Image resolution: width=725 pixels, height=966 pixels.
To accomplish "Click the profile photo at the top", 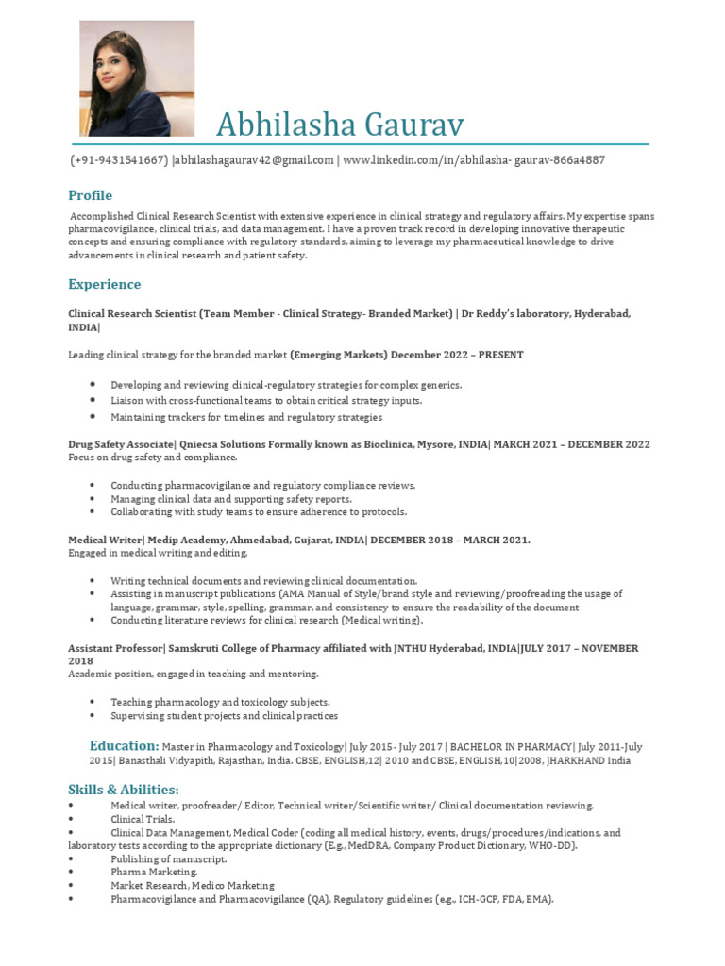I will click(137, 78).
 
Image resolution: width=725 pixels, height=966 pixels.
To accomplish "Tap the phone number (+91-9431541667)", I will click(120, 160).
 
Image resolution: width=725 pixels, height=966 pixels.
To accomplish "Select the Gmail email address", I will click(255, 160).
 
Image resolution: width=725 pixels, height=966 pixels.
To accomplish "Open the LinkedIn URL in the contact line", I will click(473, 160).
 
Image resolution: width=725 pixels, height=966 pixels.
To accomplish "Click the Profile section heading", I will click(90, 195).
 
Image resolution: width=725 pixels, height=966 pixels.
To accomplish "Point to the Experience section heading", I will click(104, 284).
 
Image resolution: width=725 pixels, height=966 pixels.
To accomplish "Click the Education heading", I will click(124, 745).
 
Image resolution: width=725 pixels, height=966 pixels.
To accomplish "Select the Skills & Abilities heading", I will click(123, 789).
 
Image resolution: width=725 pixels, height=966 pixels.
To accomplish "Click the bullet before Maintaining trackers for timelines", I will click(93, 416).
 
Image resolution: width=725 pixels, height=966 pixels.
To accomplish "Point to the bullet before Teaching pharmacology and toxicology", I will click(93, 702).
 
